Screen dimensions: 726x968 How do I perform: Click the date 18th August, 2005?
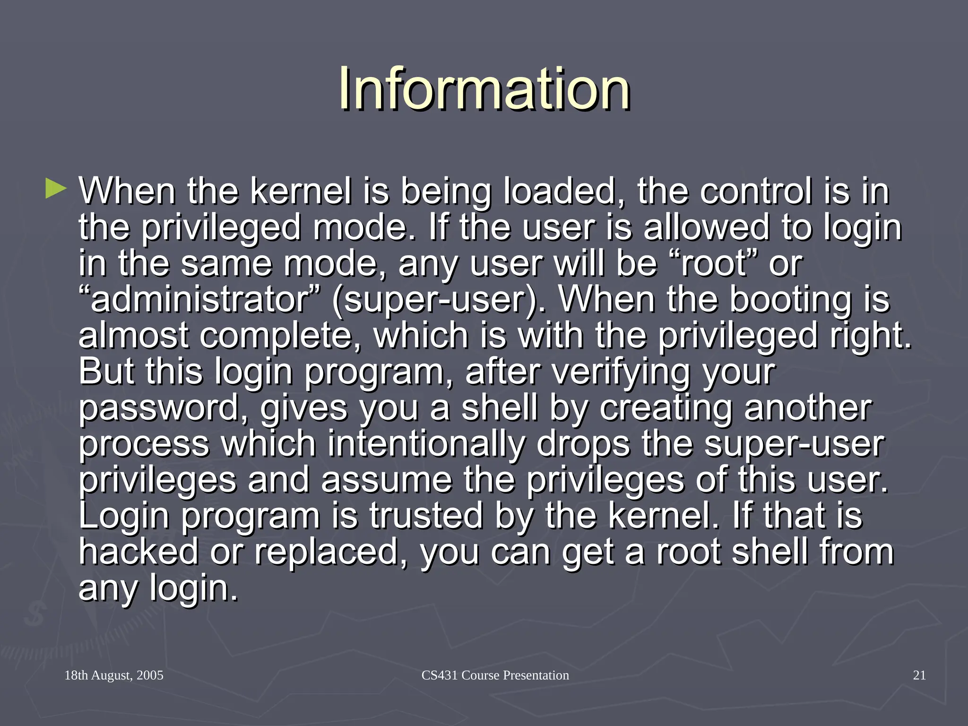[113, 675]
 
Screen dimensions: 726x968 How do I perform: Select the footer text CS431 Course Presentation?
[495, 675]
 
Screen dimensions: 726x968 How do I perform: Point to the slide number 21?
[919, 675]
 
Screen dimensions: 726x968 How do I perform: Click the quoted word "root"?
[713, 263]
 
